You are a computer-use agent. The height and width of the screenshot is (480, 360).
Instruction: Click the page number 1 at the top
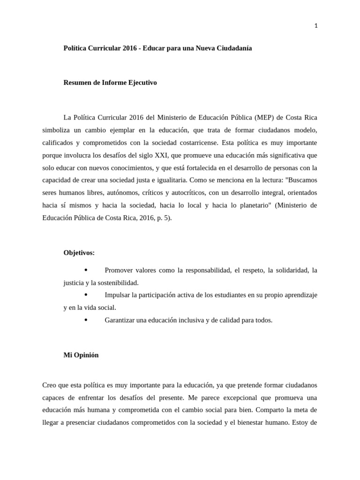tap(315, 26)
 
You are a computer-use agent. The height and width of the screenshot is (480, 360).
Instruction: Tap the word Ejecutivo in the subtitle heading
tap(140, 83)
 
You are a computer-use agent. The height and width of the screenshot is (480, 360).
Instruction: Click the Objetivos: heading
tap(79, 253)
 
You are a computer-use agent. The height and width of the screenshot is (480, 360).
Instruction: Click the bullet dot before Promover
tap(86, 270)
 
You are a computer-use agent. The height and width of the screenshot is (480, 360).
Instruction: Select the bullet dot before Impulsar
tap(86, 295)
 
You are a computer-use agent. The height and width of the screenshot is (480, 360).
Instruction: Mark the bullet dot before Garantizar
tap(86, 320)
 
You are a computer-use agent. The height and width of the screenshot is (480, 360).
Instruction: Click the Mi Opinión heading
tap(81, 355)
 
